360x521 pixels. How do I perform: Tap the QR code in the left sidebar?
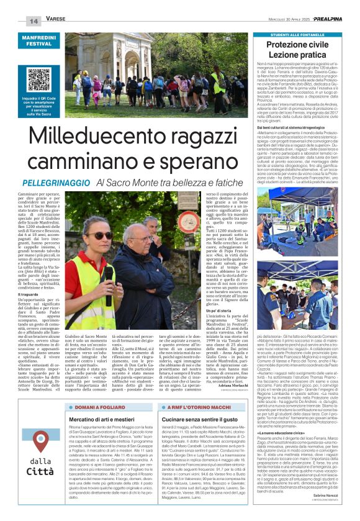pyautogui.click(x=38, y=78)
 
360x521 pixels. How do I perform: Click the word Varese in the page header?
pyautogui.click(x=57, y=20)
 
